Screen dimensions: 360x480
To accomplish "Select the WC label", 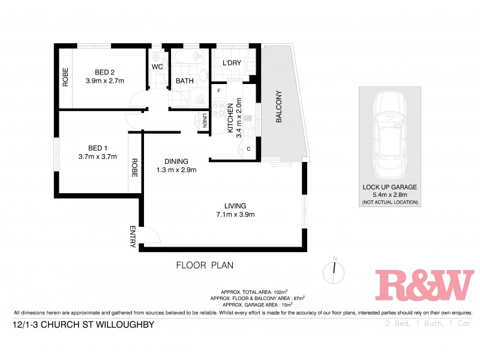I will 158,66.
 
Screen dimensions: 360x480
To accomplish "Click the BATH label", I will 184,82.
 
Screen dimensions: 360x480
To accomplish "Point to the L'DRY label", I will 232,64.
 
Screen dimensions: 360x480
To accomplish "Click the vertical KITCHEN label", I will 230,118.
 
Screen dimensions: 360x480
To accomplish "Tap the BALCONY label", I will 278,107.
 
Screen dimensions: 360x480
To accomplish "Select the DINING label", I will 177,161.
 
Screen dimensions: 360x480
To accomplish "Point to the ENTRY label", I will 133,236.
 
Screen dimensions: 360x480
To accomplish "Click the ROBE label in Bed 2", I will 65,77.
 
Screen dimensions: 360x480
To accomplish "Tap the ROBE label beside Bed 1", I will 135,167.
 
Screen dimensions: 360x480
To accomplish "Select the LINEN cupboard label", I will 205,121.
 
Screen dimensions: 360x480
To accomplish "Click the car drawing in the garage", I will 389,133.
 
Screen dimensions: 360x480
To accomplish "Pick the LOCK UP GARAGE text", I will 389,187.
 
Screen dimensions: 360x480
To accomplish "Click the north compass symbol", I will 335,272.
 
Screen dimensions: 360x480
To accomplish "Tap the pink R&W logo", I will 424,285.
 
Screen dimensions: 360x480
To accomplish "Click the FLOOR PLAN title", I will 205,265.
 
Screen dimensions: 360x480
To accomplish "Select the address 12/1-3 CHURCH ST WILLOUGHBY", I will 83,325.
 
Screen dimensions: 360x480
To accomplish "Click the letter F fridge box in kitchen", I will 220,91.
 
